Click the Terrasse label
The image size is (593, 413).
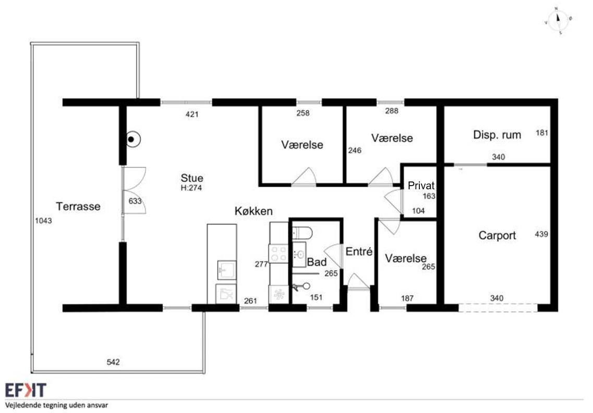coord(78,207)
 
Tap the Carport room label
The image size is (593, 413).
coord(497,236)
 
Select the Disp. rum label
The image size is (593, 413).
coord(497,135)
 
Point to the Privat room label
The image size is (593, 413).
coord(421,186)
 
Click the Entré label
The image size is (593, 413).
coord(359,251)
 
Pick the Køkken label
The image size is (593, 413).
coord(253,211)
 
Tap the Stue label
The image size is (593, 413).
coord(192,178)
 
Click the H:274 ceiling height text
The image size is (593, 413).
coord(191,188)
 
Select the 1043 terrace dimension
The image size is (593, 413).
coord(43,221)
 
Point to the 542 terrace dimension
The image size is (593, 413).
coord(113,362)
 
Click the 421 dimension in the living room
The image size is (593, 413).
coord(192,114)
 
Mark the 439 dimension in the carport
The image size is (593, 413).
coord(541,235)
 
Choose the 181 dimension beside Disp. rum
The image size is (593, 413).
coord(541,133)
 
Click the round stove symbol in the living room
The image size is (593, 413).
coord(131,140)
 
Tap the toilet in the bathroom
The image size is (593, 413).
coord(302,233)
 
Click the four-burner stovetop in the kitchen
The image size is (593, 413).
coord(279,253)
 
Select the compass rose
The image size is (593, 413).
coord(558,21)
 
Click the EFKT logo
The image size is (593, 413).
coord(26,390)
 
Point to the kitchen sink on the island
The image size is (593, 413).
coord(226,270)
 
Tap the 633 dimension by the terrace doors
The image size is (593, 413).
coord(135,201)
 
